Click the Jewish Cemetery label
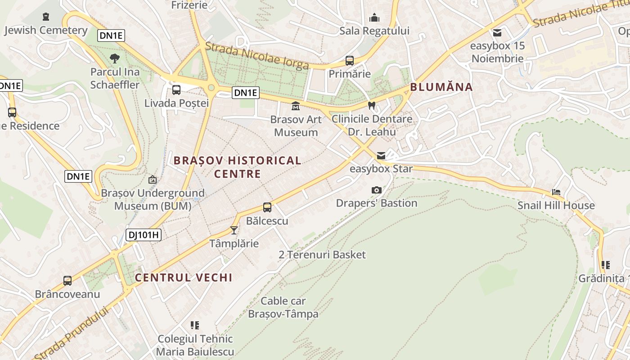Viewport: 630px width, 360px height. (x=46, y=30)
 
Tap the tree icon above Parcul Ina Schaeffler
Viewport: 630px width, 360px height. (x=115, y=58)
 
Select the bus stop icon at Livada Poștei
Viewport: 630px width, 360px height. (x=176, y=90)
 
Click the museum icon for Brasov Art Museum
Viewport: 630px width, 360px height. (x=296, y=106)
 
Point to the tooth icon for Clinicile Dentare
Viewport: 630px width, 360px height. (x=372, y=106)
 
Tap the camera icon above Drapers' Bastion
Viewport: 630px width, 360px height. (x=377, y=190)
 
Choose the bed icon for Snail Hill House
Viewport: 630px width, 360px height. (x=556, y=192)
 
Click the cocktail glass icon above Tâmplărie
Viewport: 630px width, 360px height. (x=234, y=230)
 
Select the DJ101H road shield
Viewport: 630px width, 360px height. (x=144, y=234)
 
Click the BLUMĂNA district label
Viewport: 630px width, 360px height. (x=441, y=87)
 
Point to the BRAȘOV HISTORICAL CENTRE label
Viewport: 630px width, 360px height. (x=238, y=167)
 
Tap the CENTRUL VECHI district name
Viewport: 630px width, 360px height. (x=184, y=278)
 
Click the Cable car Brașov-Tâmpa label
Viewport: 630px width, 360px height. (x=283, y=307)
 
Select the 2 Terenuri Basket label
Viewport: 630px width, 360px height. (x=322, y=255)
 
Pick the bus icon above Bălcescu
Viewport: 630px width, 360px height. (x=267, y=207)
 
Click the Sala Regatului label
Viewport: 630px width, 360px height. (x=374, y=31)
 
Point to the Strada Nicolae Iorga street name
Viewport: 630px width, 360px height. (x=257, y=56)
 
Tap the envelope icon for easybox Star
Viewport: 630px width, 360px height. (x=381, y=156)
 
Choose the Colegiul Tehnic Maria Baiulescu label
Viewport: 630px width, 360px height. (x=195, y=345)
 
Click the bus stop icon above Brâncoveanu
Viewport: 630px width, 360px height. (x=67, y=281)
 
